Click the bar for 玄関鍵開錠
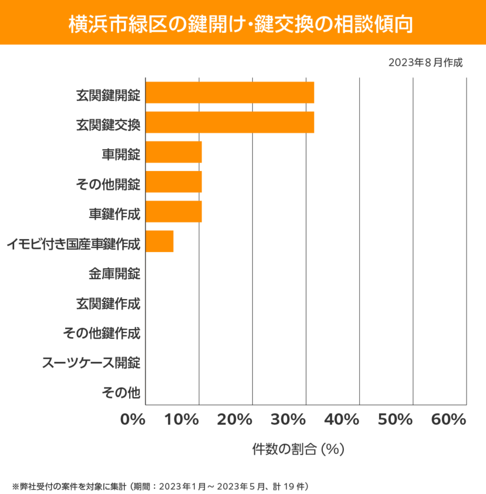click(x=229, y=92)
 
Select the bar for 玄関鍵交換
click(x=229, y=122)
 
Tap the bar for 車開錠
click(x=173, y=152)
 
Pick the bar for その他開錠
click(x=173, y=182)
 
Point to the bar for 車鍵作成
click(x=173, y=212)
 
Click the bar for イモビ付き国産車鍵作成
click(x=159, y=241)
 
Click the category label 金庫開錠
click(x=114, y=274)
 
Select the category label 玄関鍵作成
click(x=108, y=303)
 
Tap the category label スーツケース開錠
click(x=91, y=363)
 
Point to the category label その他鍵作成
click(x=101, y=333)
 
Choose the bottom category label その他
click(x=121, y=392)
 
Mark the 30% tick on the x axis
click(x=306, y=420)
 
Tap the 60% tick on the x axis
click(x=449, y=420)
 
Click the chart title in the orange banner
click(x=243, y=24)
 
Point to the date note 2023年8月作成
click(x=425, y=62)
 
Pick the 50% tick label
click(x=395, y=420)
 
